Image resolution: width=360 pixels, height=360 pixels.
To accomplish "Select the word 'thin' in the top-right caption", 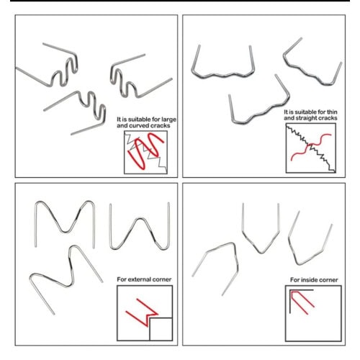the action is (331, 112).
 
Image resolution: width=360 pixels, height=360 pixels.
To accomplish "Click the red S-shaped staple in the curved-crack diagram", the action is (145, 150).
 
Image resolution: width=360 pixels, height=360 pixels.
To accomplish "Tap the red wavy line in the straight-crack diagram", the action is (311, 146).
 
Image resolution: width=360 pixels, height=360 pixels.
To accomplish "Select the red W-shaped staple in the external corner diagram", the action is (142, 312).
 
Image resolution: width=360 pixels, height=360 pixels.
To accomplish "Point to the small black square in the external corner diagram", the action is (161, 329).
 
